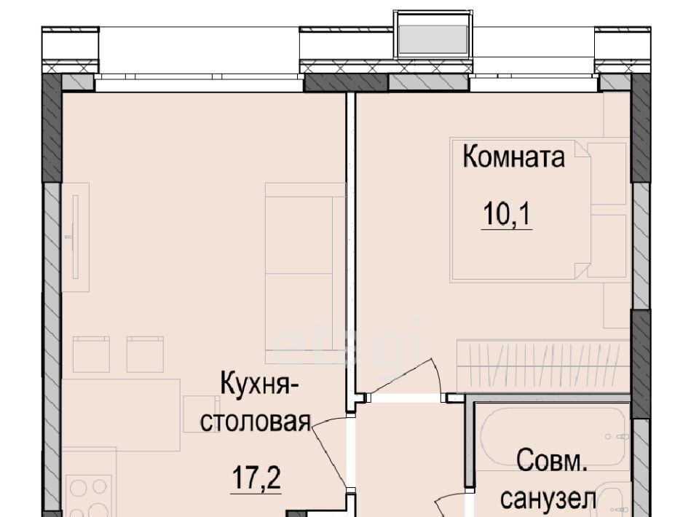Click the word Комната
click(x=513, y=157)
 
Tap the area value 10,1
click(x=507, y=214)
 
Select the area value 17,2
click(x=256, y=478)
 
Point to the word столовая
click(x=255, y=422)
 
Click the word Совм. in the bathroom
click(x=552, y=462)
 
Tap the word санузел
click(x=548, y=499)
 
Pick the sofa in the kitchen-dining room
click(x=305, y=273)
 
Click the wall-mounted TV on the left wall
click(x=75, y=237)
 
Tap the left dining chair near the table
click(x=91, y=355)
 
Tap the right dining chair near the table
click(x=146, y=355)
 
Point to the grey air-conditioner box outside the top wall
click(x=433, y=40)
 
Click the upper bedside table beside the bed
click(x=607, y=174)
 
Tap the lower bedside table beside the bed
click(x=607, y=246)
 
